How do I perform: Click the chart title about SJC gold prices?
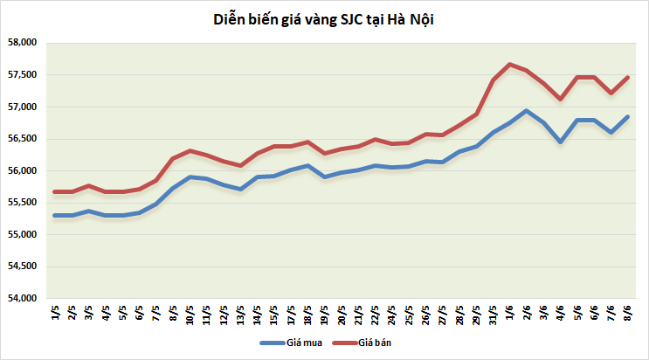324,19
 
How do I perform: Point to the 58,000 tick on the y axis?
22,43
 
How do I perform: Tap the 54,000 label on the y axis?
22,299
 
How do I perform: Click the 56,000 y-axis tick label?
22,171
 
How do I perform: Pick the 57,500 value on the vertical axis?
22,75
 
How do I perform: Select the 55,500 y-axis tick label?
22,203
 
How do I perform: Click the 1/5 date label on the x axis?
54,313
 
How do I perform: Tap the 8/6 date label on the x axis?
627,313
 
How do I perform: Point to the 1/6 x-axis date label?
510,313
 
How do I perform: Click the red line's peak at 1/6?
510,64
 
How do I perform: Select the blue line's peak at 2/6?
526,111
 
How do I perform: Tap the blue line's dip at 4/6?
560,142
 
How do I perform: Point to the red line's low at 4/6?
560,99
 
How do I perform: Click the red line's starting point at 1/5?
54,191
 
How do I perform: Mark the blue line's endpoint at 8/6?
627,117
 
